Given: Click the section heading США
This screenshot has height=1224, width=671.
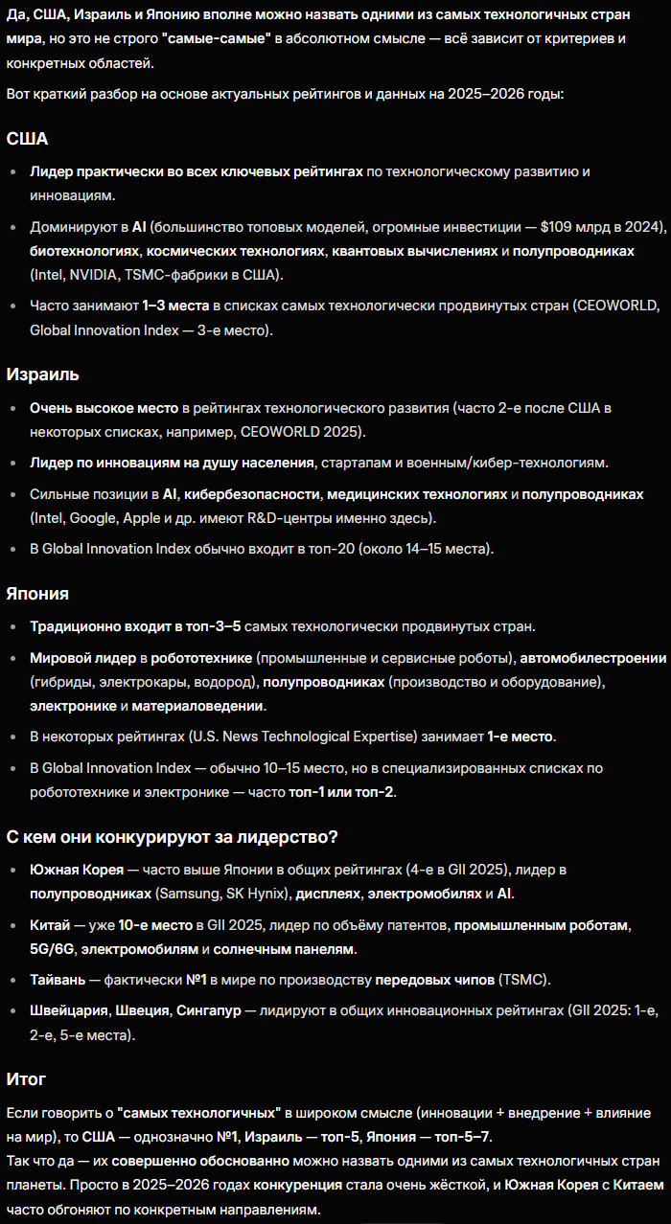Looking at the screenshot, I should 27,139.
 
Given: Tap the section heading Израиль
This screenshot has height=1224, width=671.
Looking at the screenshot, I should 42,374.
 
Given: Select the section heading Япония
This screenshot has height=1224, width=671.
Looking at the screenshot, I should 37,593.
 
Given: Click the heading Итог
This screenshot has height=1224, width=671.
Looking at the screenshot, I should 26,1078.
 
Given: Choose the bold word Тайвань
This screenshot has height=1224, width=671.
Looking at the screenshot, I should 58,980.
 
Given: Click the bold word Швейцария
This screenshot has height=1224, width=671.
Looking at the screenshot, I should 70,1010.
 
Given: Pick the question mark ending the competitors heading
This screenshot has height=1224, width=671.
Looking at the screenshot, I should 333,837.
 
